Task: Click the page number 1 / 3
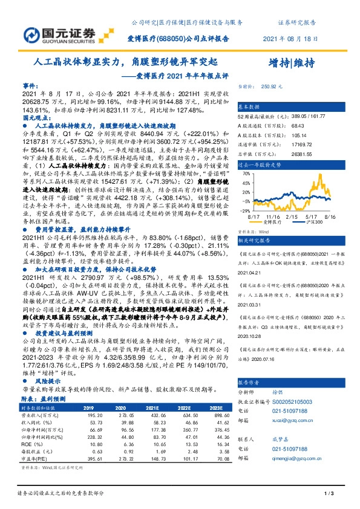click(330, 493)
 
